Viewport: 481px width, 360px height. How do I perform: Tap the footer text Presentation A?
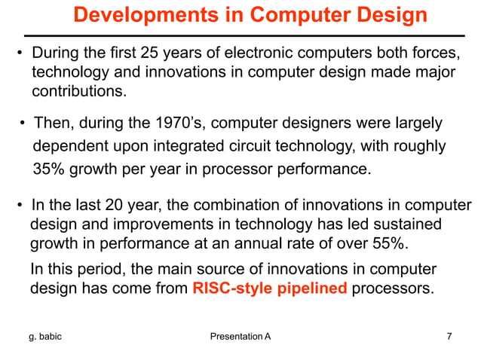point(240,336)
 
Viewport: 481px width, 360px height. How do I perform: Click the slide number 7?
point(449,336)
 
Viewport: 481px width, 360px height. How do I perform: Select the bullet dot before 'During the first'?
point(20,54)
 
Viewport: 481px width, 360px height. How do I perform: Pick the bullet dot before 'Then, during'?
point(23,124)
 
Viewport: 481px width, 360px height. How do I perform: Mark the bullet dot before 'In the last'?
point(20,206)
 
